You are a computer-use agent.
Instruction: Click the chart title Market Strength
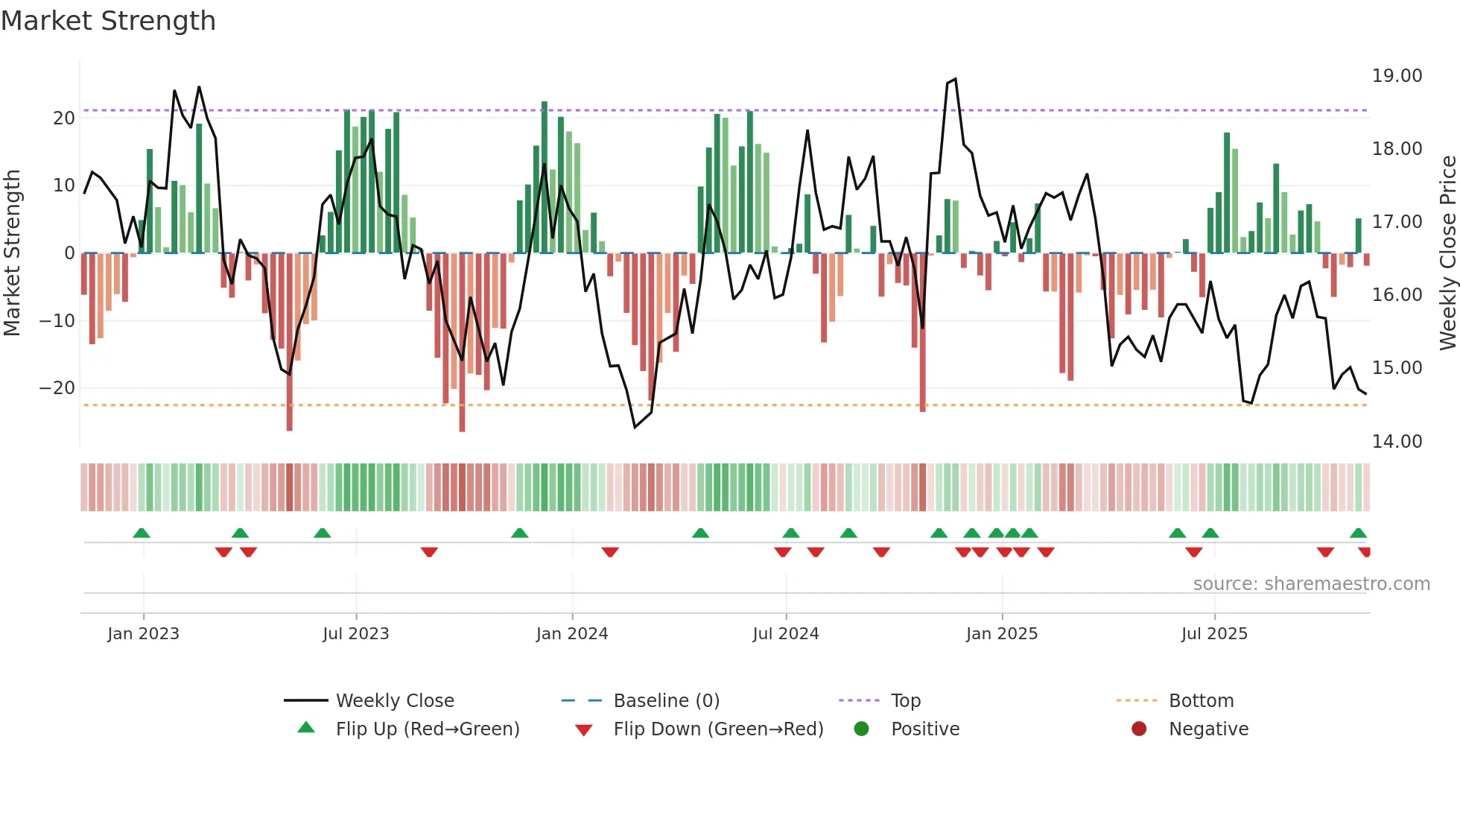click(108, 21)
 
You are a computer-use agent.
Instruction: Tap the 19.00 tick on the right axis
click(1397, 76)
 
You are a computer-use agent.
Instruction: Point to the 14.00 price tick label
click(1397, 442)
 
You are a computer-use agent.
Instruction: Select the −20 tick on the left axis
click(57, 388)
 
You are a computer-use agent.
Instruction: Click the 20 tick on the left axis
click(64, 118)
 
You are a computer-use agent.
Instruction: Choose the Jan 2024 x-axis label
click(571, 634)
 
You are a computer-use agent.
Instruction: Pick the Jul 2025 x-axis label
click(1213, 634)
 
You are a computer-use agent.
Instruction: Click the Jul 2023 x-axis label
click(355, 634)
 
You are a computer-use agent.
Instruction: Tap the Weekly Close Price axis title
click(1447, 253)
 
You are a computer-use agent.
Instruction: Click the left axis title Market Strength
click(12, 253)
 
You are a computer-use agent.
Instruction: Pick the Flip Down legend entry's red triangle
click(584, 730)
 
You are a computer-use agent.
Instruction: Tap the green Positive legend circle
click(861, 729)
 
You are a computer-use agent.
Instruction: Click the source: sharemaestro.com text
click(1311, 584)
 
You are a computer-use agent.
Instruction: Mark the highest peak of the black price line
click(955, 79)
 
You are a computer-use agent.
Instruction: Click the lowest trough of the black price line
click(635, 427)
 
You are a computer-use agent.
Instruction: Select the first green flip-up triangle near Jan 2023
click(142, 533)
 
